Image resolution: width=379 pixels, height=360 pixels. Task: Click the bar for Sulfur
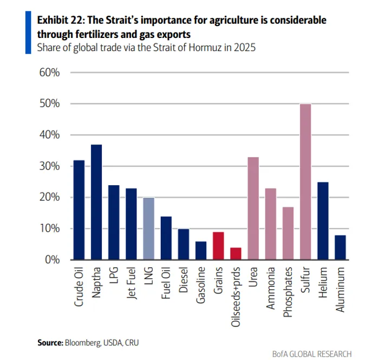pos(305,182)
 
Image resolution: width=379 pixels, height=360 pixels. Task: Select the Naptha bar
pos(96,202)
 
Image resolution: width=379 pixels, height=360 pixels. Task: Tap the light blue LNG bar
pos(149,228)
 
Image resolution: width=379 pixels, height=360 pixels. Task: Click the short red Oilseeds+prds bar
pos(236,253)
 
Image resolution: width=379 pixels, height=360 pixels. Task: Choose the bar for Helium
pos(323,221)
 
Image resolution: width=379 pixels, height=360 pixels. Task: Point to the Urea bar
pos(253,208)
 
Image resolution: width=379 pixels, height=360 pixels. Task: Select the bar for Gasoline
pos(200,250)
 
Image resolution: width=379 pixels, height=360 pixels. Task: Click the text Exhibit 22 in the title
pos(58,20)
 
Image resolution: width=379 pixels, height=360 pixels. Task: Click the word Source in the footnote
pos(50,342)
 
